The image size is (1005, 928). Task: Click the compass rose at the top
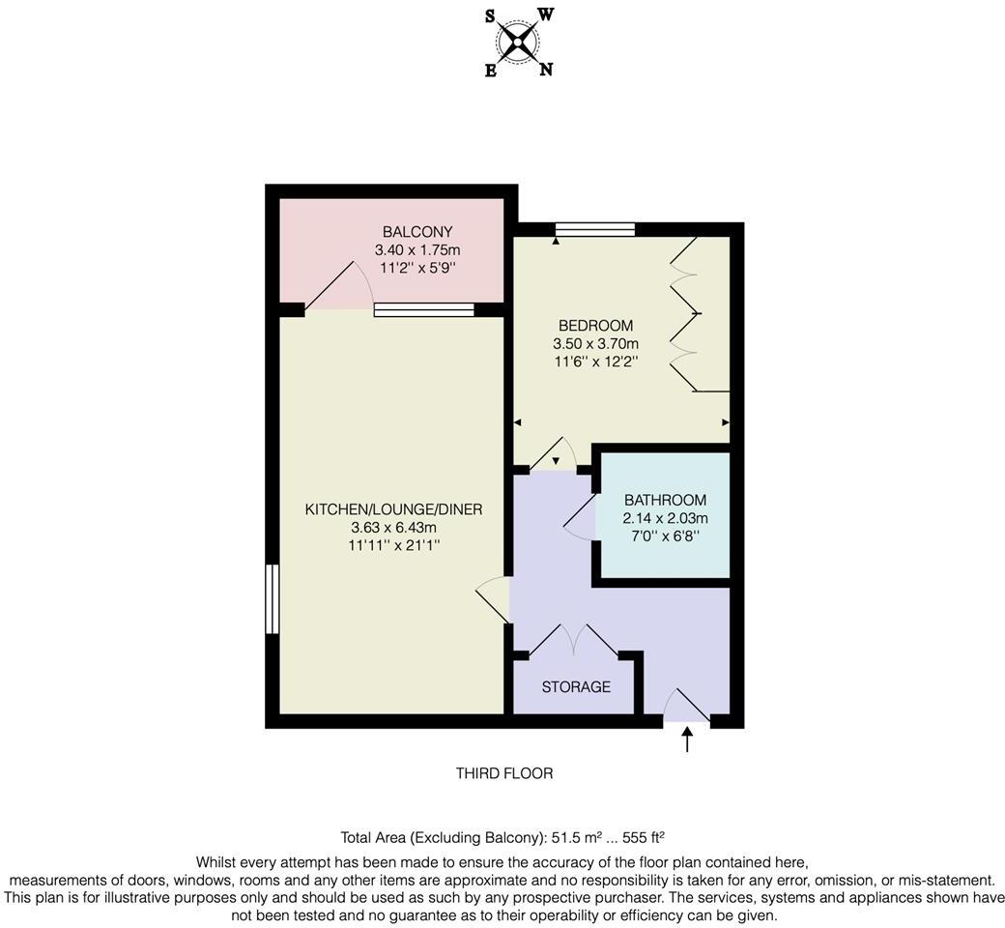[x=519, y=42]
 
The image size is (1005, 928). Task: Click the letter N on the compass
[x=546, y=70]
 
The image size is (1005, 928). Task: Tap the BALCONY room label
[x=417, y=232]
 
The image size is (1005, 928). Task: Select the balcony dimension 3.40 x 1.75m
[x=417, y=249]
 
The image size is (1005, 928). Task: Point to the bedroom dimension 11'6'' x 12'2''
[x=595, y=362]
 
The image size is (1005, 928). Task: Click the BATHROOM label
[x=665, y=501]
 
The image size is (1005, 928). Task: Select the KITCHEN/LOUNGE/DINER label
[x=393, y=509]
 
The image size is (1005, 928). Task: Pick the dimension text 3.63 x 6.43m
[x=393, y=528]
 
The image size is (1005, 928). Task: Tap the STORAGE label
[x=576, y=687]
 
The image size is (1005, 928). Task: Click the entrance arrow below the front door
[x=687, y=739]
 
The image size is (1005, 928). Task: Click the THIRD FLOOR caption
[x=503, y=773]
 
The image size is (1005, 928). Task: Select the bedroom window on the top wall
[x=595, y=229]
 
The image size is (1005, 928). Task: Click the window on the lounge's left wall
[x=273, y=599]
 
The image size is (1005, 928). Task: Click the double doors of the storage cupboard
[x=574, y=640]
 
